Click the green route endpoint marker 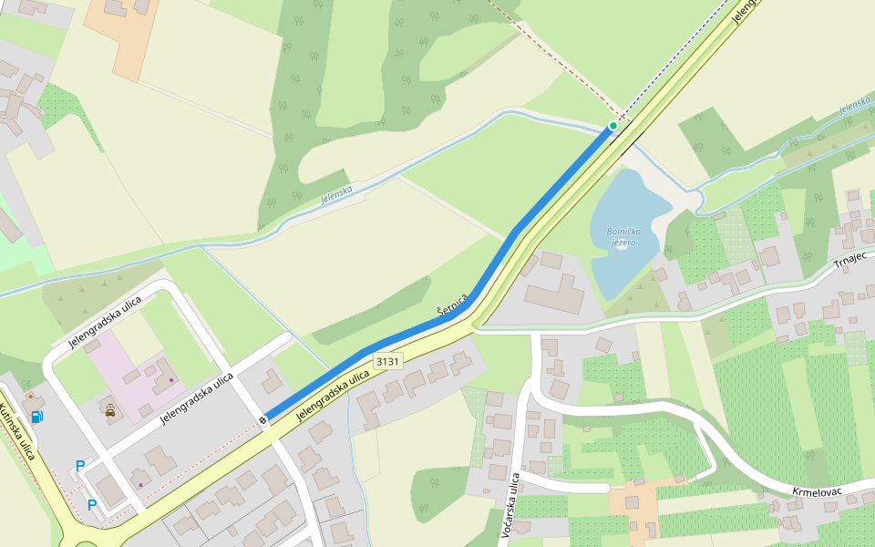click(x=612, y=126)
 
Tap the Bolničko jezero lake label click(x=623, y=236)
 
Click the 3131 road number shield click(x=387, y=361)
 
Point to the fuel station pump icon click(x=37, y=417)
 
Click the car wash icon click(x=110, y=410)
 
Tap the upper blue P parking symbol click(x=80, y=466)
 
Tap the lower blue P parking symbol click(x=92, y=504)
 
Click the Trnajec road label click(x=853, y=264)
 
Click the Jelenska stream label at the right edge click(x=856, y=105)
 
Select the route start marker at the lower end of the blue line click(x=262, y=419)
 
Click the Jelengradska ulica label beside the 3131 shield click(x=334, y=397)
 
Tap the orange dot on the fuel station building click(x=30, y=397)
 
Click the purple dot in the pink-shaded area click(x=170, y=380)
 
